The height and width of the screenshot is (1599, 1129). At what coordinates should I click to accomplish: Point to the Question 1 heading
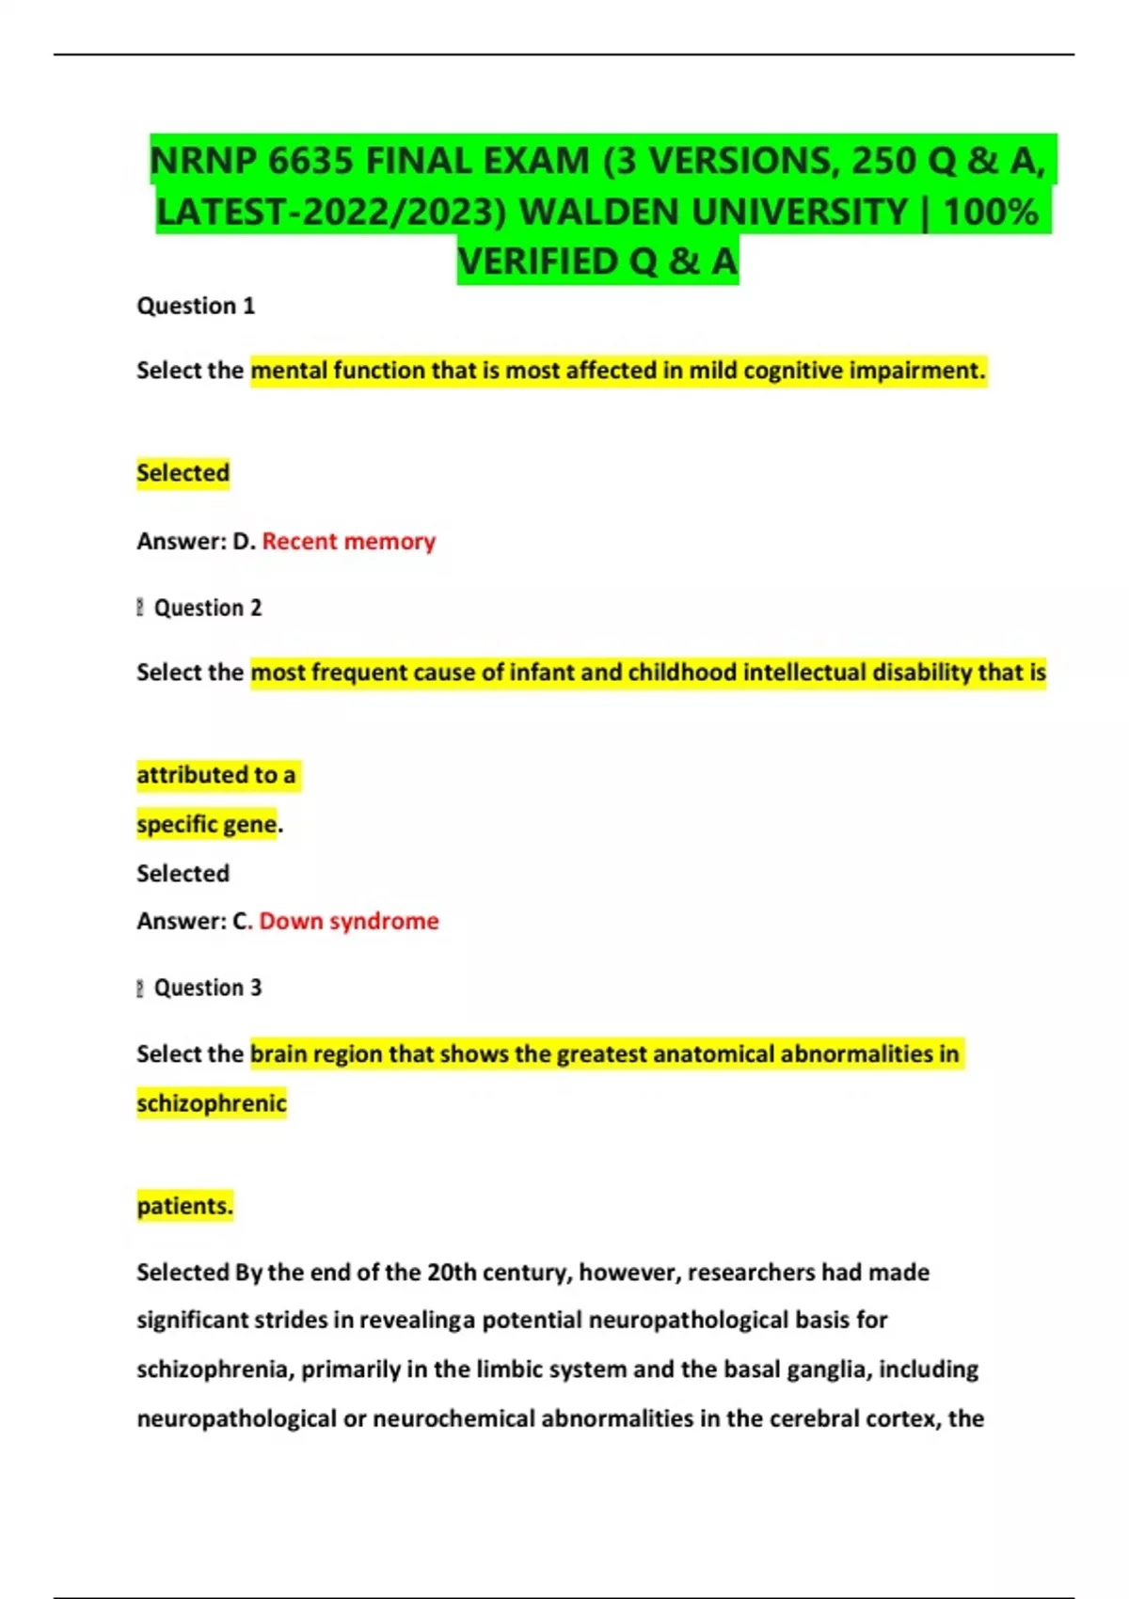pos(196,306)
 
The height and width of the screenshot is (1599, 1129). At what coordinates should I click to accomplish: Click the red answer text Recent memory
pos(348,541)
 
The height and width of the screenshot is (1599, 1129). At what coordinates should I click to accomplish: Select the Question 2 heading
pos(207,608)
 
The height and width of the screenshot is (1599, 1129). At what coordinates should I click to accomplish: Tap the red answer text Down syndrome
pos(349,921)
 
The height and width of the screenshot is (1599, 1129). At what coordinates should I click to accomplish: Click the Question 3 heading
pos(207,988)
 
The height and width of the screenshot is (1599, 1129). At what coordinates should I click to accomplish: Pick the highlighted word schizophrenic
pos(212,1102)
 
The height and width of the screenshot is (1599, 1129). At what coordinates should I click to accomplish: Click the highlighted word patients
pos(184,1206)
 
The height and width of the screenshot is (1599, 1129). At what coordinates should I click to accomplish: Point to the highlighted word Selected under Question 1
pos(183,472)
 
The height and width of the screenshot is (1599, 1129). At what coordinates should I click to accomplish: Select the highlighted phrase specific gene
pos(207,824)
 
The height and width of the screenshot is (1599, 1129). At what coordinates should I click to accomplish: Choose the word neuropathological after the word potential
pos(679,1321)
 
